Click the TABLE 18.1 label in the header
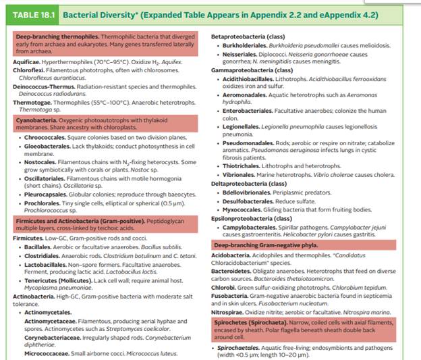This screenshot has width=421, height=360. pos(33,13)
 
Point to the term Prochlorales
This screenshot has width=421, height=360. pos(43,203)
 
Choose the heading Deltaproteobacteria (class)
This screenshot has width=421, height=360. pos(249,184)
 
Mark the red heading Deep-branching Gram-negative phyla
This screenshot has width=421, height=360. pos(266,245)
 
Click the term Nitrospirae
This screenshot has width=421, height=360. pos(229,311)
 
